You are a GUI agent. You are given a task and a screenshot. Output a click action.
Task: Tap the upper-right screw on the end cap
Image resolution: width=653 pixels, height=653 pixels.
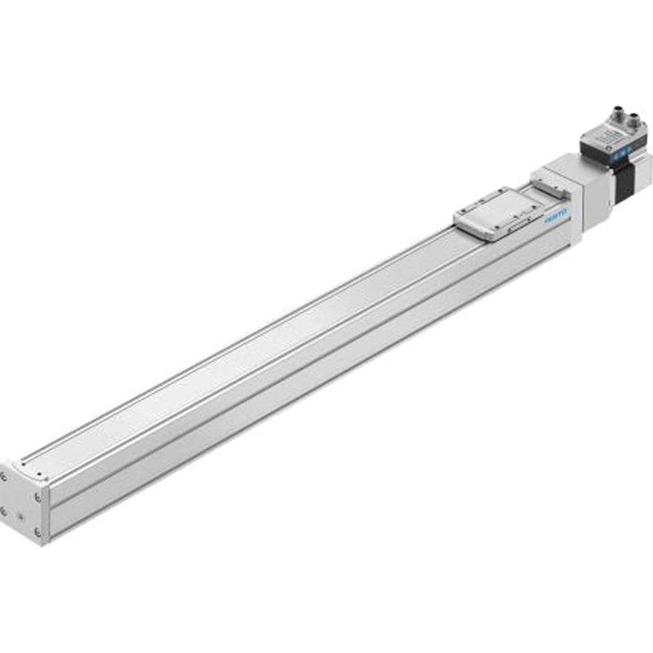tap(37, 494)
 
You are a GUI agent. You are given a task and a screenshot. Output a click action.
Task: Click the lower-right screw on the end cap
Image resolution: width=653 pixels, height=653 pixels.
tap(37, 530)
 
